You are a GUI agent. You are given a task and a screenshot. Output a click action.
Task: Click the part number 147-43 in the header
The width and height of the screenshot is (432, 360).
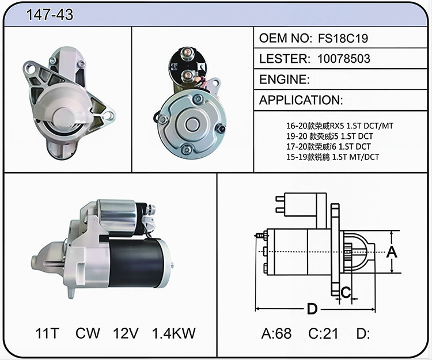click(50, 14)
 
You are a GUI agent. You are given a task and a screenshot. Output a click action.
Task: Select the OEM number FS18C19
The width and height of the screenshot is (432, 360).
click(343, 38)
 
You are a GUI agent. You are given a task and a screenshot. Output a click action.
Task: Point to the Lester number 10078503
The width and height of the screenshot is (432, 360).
click(343, 59)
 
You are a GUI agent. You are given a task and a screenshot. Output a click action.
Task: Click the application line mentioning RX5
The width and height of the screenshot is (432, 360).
click(340, 126)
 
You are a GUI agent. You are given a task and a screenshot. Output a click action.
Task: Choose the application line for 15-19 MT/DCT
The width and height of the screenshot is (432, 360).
click(332, 157)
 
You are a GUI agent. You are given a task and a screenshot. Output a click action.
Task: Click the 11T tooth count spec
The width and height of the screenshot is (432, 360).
click(47, 333)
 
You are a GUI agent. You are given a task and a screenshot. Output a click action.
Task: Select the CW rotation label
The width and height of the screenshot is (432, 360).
click(88, 333)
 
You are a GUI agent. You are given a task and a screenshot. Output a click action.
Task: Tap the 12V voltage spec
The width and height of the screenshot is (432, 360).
click(126, 333)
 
